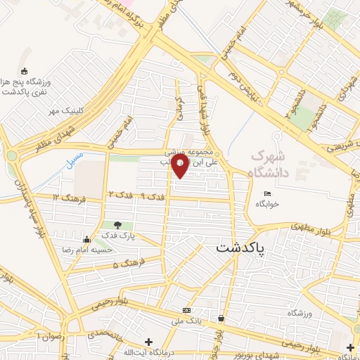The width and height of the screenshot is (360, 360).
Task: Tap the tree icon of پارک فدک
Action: [x=127, y=225]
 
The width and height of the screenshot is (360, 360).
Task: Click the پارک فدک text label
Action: [x=117, y=236]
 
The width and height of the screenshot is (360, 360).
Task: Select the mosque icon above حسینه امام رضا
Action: [x=86, y=239]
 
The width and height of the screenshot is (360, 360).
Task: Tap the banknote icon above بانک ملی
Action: [x=186, y=310]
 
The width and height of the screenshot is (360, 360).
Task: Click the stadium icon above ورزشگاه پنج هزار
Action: [x=25, y=70]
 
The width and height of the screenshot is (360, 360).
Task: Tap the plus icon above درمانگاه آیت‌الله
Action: [x=148, y=342]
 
